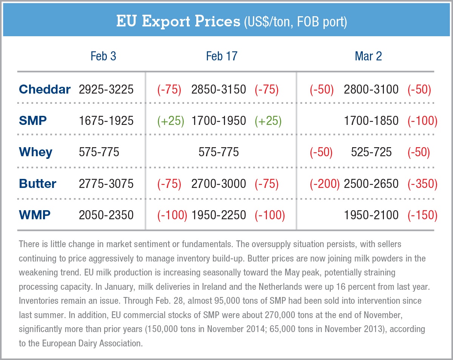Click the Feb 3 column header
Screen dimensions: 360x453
click(103, 56)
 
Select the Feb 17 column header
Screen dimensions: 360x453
click(222, 56)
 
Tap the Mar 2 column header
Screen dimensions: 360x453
click(368, 56)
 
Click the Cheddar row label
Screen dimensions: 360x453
click(45, 89)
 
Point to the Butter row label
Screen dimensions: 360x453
click(37, 184)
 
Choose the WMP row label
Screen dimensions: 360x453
click(34, 215)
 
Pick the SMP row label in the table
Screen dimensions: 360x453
click(33, 121)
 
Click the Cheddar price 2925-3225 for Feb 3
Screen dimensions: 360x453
click(106, 89)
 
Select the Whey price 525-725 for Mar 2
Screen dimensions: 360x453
click(371, 152)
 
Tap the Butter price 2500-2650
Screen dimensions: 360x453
click(371, 184)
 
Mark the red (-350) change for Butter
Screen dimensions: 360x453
click(422, 184)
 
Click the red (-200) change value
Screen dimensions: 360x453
click(325, 184)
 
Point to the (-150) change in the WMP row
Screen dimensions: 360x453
click(422, 215)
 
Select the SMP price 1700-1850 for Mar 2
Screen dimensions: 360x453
click(371, 121)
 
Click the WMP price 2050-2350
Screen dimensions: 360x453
click(106, 215)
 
